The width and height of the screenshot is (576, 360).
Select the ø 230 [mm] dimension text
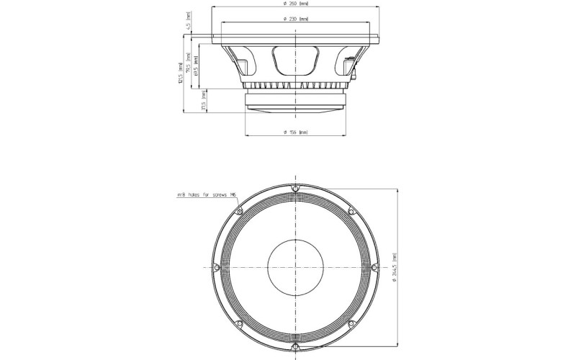[x=296, y=19]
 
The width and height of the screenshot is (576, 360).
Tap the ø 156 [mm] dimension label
[x=296, y=132]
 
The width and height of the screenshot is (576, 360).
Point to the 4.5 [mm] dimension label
[x=188, y=27]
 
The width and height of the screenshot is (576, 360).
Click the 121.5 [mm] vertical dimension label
[x=172, y=73]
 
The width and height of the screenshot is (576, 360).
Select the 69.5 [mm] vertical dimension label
[x=196, y=66]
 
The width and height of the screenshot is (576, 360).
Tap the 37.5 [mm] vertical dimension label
[x=204, y=104]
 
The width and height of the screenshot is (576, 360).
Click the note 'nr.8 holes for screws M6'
[x=208, y=195]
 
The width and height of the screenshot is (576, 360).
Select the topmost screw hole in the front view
[x=294, y=188]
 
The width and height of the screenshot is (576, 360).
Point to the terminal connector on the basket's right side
[x=351, y=68]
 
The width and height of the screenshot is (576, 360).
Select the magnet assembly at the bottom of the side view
[x=295, y=102]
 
